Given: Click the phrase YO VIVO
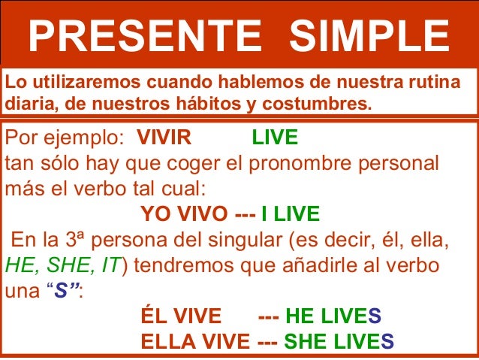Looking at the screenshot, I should tap(185, 216).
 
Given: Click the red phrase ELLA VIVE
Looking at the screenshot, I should tap(195, 342).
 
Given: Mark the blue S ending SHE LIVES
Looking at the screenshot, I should tap(387, 342).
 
